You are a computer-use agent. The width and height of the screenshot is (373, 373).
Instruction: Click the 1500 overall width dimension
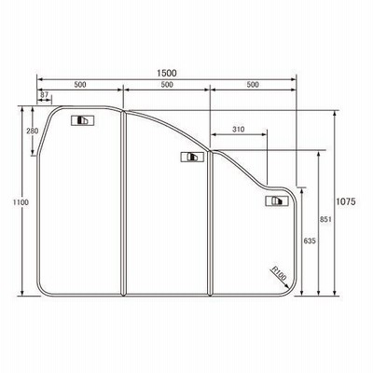tap(167, 73)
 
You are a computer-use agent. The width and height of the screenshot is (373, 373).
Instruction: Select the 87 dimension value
tap(45, 94)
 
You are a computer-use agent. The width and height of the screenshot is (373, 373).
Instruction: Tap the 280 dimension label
tap(33, 131)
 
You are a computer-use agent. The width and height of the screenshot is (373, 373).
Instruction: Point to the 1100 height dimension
tap(21, 202)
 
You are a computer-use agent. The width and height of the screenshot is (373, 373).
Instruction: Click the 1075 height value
tap(346, 201)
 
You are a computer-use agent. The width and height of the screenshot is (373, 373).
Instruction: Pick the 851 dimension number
tap(325, 219)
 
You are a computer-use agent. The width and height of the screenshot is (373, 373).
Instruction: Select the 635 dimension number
tap(310, 241)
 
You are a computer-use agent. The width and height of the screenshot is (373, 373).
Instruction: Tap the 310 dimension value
tap(239, 129)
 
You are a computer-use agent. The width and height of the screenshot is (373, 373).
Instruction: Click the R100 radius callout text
tap(279, 273)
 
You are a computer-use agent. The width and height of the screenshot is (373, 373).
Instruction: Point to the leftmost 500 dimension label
tap(80, 85)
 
